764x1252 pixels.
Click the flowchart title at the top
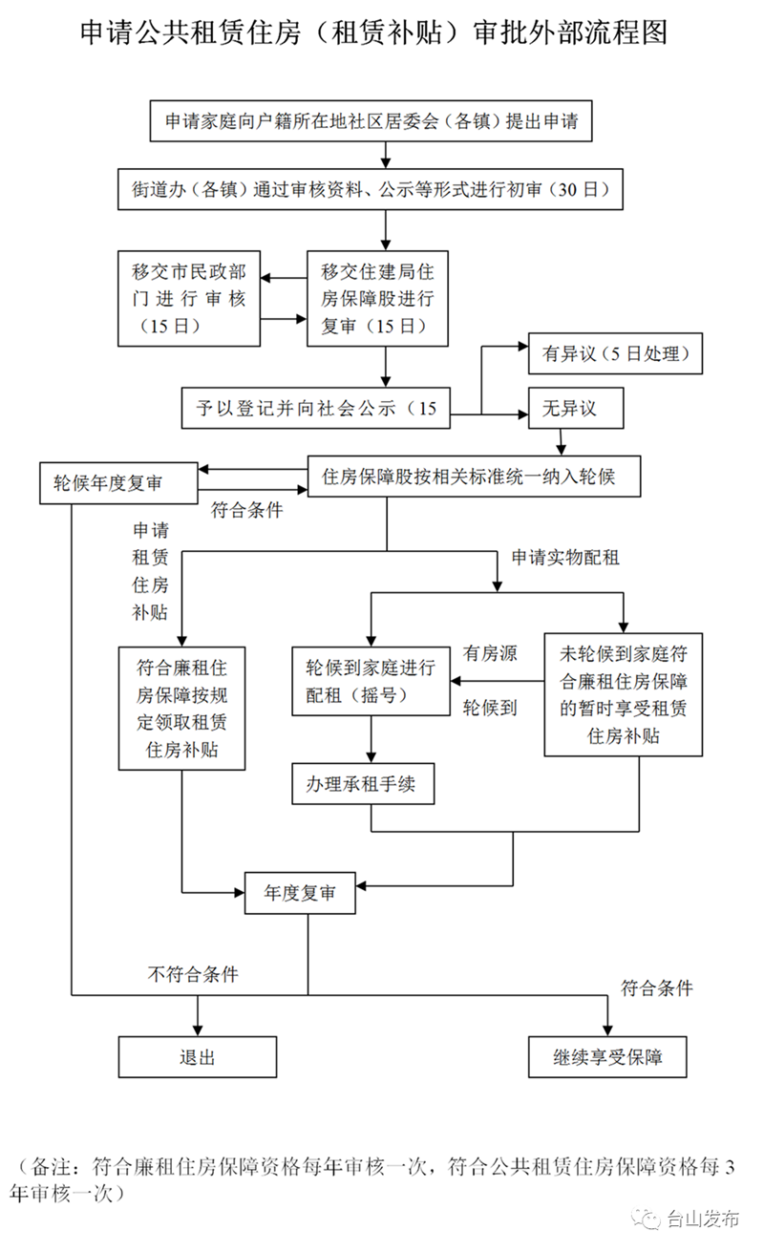(x=373, y=33)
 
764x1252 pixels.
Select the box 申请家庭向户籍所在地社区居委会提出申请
(x=377, y=122)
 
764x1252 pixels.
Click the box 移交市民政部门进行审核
(x=189, y=299)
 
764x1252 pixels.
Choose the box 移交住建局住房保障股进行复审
(x=377, y=299)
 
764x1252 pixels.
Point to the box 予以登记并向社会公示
(x=316, y=408)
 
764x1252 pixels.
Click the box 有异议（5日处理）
(x=616, y=353)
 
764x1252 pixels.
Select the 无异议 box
(x=576, y=408)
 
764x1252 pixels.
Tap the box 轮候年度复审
(x=117, y=483)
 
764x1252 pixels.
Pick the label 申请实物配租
(x=565, y=558)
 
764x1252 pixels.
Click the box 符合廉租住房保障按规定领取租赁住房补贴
(x=181, y=708)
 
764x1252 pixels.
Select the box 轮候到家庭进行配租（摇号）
(x=371, y=680)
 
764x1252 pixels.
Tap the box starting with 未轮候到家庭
(x=624, y=694)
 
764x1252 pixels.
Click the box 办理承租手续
(x=363, y=785)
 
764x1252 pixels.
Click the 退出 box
(x=197, y=1057)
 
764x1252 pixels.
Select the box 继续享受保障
(x=607, y=1057)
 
